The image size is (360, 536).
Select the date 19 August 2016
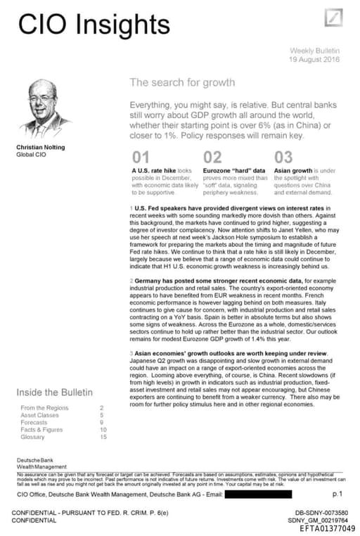pyautogui.click(x=314, y=60)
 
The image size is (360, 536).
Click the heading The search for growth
pyautogui.click(x=182, y=82)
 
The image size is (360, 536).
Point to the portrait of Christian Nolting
pyautogui.click(x=45, y=108)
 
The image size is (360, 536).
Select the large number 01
pyautogui.click(x=141, y=157)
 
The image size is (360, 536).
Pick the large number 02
pyautogui.click(x=212, y=157)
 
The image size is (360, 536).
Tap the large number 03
pyautogui.click(x=283, y=157)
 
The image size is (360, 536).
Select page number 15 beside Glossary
pyautogui.click(x=103, y=436)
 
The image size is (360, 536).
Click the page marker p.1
pyautogui.click(x=337, y=494)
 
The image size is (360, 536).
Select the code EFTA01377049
pyautogui.click(x=327, y=528)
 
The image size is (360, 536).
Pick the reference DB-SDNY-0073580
pyautogui.click(x=321, y=513)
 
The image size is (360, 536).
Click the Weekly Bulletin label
pyautogui.click(x=315, y=51)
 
